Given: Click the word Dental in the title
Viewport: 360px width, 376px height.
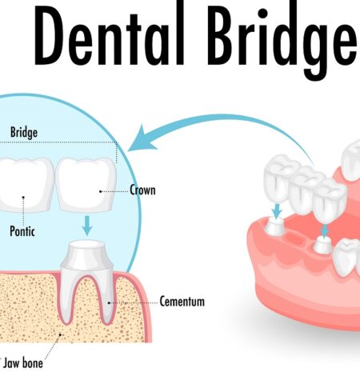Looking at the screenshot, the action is click(x=110, y=36).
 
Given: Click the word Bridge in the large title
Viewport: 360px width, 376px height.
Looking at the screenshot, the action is click(x=284, y=40).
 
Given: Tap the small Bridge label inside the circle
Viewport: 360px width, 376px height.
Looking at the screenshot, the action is click(x=24, y=133).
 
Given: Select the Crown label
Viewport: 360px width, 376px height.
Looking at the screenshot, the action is click(x=142, y=190).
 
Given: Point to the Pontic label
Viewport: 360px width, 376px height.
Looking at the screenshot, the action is click(x=22, y=231).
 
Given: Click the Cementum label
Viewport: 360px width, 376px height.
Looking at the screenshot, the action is click(x=182, y=302).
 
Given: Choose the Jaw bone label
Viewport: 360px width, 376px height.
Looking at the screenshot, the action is click(x=23, y=363).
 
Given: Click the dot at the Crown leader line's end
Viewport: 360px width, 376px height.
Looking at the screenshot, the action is click(x=101, y=191).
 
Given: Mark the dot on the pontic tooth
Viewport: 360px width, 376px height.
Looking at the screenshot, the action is click(x=23, y=198).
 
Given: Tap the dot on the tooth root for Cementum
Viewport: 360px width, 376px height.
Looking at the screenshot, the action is click(x=109, y=302).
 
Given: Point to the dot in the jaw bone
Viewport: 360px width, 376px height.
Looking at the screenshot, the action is click(x=60, y=334).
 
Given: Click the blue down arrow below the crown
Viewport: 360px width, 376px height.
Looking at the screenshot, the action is click(x=87, y=226).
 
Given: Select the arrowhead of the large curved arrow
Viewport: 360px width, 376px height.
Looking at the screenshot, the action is click(x=142, y=138).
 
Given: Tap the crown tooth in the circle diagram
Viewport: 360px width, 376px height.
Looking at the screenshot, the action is click(x=86, y=184).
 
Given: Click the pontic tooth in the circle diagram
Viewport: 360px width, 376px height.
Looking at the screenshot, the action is click(x=26, y=185).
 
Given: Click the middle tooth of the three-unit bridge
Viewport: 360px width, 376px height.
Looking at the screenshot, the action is click(x=306, y=188).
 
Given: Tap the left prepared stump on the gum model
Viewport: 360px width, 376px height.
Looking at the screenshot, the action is click(x=274, y=226).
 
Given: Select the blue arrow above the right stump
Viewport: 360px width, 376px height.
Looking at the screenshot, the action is click(x=325, y=230).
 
